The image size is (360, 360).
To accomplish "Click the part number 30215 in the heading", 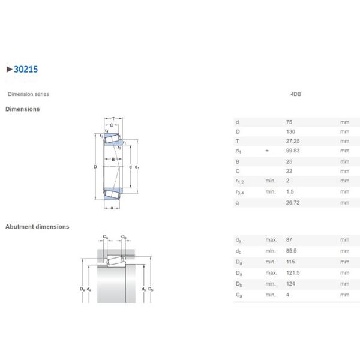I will click(26, 70).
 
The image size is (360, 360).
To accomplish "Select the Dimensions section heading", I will click(23, 109).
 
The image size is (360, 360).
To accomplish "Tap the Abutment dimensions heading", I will click(37, 227).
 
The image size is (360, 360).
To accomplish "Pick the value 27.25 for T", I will click(293, 141).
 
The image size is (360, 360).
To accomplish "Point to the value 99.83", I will click(293, 151).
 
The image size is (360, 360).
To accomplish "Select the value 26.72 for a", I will click(293, 203).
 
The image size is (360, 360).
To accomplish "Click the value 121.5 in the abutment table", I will click(293, 273).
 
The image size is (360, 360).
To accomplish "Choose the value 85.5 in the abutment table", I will click(292, 251).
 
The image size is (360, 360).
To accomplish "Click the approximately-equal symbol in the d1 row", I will click(267, 151).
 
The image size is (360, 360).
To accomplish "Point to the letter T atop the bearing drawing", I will click(112, 118).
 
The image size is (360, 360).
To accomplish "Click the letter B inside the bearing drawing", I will click(112, 159).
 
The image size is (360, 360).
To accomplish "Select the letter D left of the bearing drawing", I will click(95, 167).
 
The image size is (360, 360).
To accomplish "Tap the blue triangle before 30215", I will click(8, 70).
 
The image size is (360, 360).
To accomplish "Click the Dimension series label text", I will click(28, 94).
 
